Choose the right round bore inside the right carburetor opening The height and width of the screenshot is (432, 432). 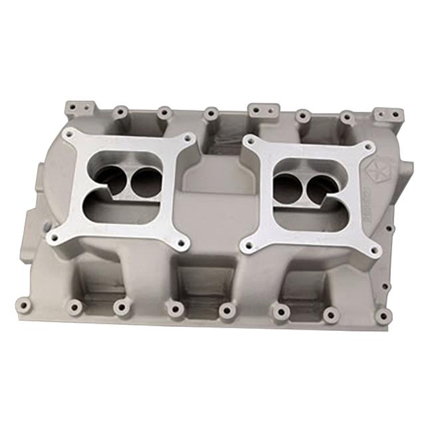321,187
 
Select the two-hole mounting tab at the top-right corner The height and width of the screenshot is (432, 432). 387,114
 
